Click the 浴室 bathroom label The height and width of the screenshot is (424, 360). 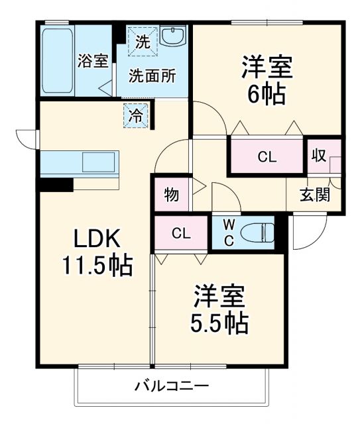(93, 61)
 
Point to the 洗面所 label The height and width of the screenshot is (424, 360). (152, 76)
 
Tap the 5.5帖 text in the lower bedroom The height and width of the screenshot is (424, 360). (221, 323)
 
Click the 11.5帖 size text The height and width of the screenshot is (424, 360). (97, 266)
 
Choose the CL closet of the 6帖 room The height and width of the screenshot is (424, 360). (267, 157)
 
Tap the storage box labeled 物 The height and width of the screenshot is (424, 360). (171, 195)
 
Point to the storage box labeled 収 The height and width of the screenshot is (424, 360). (318, 156)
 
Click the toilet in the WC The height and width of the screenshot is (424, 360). (255, 233)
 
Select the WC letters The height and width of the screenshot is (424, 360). (227, 233)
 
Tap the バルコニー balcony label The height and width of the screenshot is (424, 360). (172, 386)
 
